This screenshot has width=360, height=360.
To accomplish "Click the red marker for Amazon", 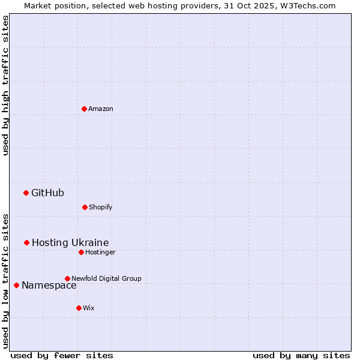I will pyautogui.click(x=85, y=109).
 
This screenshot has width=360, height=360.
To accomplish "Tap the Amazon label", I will pyautogui.click(x=101, y=109).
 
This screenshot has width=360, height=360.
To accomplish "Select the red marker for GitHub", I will pyautogui.click(x=26, y=193).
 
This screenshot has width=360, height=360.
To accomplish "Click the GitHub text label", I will pyautogui.click(x=47, y=193).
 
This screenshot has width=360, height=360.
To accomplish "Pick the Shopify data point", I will pyautogui.click(x=85, y=207).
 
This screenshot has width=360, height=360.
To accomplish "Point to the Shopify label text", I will pyautogui.click(x=101, y=207).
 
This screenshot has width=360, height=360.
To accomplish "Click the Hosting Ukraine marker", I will pyautogui.click(x=27, y=242).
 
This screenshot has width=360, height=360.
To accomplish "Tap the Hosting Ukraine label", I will pyautogui.click(x=70, y=242).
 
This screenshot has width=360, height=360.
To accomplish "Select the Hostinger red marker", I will pyautogui.click(x=81, y=252).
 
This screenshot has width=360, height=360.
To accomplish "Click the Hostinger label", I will pyautogui.click(x=100, y=252).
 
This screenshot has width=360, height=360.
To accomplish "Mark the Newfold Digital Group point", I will pyautogui.click(x=67, y=278).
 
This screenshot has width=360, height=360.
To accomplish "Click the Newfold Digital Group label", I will pyautogui.click(x=106, y=278).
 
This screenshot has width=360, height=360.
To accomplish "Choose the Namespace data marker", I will pyautogui.click(x=16, y=285).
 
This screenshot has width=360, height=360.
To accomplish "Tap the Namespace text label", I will pyautogui.click(x=49, y=286).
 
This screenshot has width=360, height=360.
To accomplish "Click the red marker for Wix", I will pyautogui.click(x=79, y=308).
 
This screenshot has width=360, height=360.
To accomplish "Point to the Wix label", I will pyautogui.click(x=89, y=308).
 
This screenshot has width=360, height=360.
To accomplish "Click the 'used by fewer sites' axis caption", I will pyautogui.click(x=62, y=355).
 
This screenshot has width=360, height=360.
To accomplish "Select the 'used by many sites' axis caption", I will pyautogui.click(x=301, y=355).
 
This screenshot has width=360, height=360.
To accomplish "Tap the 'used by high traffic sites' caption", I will pyautogui.click(x=5, y=85).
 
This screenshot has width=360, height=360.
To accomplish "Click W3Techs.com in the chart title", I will pyautogui.click(x=306, y=5).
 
